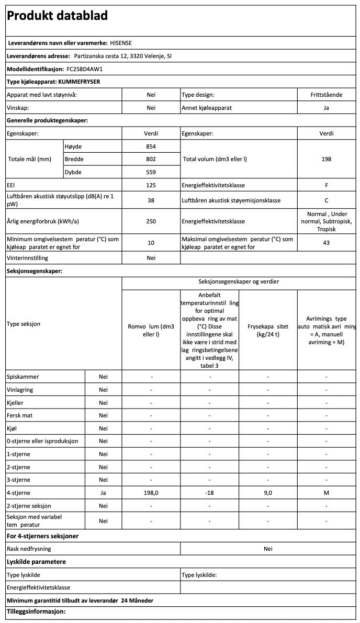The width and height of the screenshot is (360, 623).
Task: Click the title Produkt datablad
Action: (57, 16)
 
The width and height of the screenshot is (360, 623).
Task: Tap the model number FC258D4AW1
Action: (85, 69)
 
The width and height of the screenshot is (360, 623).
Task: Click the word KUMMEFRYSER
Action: (79, 82)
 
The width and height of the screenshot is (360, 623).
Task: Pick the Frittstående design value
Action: (327, 95)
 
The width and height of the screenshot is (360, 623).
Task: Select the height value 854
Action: (151, 146)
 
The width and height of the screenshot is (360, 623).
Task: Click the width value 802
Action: (151, 159)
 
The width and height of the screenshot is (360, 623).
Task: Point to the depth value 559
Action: (151, 172)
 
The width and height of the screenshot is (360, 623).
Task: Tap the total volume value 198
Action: (327, 159)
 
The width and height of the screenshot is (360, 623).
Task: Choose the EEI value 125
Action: (151, 185)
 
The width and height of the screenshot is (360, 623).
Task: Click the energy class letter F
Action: (327, 185)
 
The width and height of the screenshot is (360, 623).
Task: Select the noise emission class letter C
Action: (327, 200)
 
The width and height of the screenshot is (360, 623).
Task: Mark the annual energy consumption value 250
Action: (151, 221)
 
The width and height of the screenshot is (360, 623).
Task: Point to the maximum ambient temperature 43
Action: (327, 243)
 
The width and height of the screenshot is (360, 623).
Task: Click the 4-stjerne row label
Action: (18, 493)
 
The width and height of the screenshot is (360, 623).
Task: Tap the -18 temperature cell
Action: (209, 493)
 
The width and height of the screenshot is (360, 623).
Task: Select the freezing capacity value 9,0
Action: (267, 493)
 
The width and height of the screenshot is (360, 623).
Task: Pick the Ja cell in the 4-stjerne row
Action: (103, 493)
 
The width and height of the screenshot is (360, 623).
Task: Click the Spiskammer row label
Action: (22, 377)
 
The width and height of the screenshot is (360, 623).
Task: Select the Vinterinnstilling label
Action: (27, 258)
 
